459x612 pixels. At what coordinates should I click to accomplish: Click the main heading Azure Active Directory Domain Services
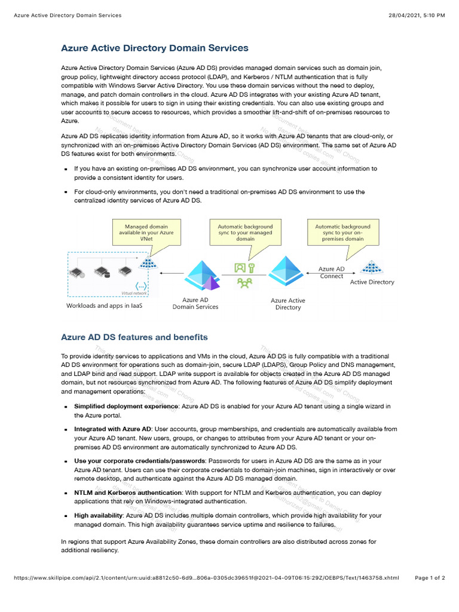(x=155, y=48)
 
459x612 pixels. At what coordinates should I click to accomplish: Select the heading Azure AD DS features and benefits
(x=134, y=337)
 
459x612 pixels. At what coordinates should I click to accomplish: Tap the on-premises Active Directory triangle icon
(x=372, y=267)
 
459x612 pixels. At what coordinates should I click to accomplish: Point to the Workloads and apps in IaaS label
(x=104, y=305)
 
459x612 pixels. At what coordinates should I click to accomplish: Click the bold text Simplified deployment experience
(x=126, y=406)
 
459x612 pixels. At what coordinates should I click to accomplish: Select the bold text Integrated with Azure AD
(x=112, y=429)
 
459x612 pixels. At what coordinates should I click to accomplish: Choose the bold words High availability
(x=99, y=515)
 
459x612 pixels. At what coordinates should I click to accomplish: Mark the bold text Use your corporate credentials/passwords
(x=139, y=461)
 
